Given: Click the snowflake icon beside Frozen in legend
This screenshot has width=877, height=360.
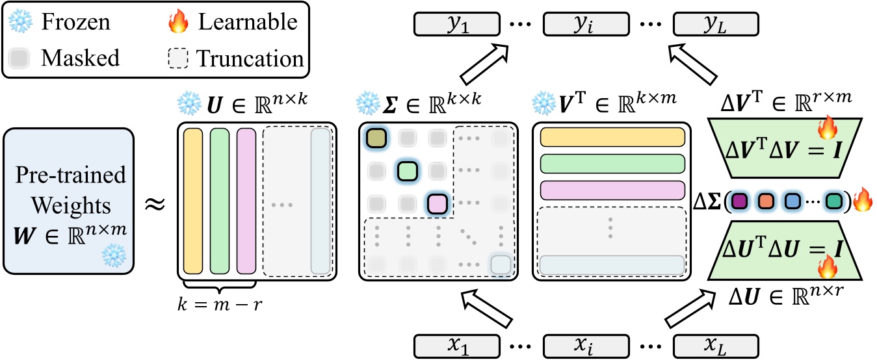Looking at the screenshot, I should [21, 22].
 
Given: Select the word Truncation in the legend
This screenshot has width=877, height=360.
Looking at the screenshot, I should [250, 58].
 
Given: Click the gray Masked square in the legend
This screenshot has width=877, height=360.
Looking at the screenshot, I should [21, 58].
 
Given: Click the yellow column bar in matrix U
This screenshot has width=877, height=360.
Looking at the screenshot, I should [194, 201].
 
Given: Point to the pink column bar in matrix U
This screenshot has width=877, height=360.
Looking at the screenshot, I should [246, 201].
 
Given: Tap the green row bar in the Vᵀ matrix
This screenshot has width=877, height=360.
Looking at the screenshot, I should [613, 163].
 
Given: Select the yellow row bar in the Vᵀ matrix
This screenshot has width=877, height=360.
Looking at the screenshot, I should [613, 137].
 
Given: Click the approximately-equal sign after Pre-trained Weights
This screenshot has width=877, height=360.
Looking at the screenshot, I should [155, 203].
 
